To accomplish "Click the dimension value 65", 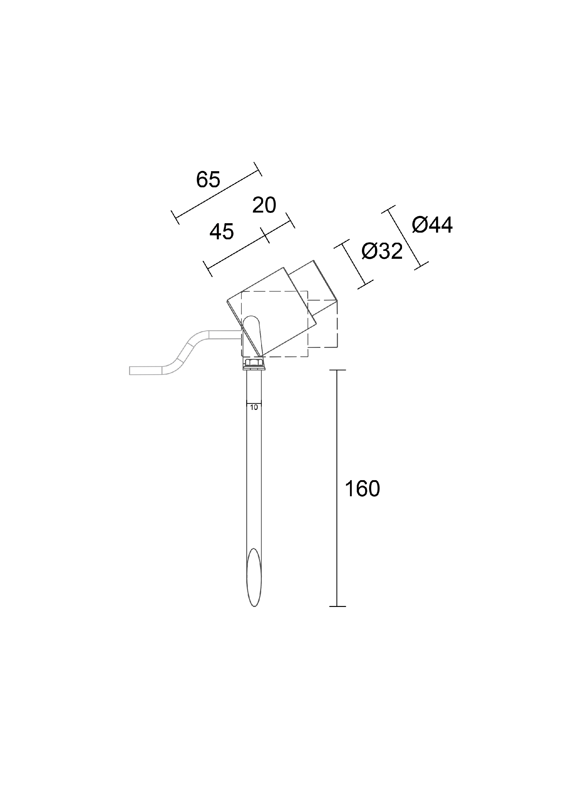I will click(x=208, y=179).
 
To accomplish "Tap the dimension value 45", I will click(x=222, y=232).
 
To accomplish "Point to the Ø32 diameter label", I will click(x=382, y=251).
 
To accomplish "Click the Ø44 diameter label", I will click(x=432, y=225).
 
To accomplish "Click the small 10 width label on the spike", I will click(x=254, y=407).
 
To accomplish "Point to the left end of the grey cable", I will click(x=131, y=371).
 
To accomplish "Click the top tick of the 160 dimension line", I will click(x=337, y=370).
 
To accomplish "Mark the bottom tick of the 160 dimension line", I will click(x=337, y=606).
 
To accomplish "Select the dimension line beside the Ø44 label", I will click(x=405, y=237).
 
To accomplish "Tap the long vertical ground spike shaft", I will click(x=254, y=477).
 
